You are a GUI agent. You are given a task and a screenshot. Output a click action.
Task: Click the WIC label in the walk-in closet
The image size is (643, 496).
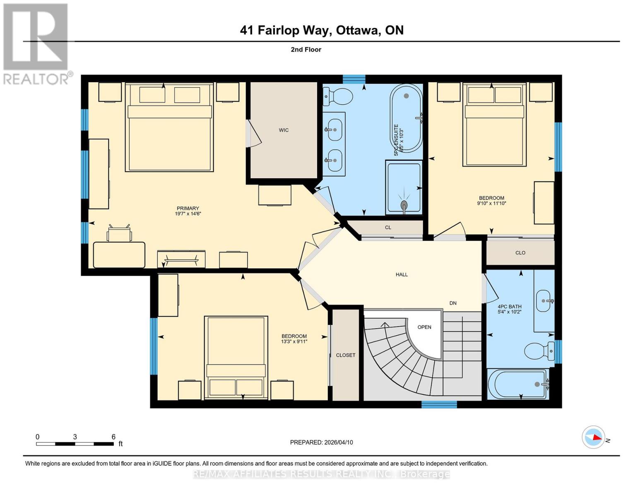tap(284, 130)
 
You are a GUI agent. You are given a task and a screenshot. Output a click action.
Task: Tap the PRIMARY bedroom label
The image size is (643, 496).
tap(188, 208)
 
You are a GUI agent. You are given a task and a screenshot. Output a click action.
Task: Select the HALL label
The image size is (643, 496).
tap(402, 274)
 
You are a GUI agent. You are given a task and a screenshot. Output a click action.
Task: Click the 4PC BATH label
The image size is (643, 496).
tap(509, 307)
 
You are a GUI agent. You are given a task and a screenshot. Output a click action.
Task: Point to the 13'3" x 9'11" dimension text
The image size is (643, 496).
tap(294, 341)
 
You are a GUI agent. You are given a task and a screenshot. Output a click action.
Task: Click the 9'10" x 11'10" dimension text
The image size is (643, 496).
tap(491, 203)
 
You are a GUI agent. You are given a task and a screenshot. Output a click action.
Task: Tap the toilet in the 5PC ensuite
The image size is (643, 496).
tap(338, 96)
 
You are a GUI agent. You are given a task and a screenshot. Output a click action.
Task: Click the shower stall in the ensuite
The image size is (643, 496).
tap(404, 188)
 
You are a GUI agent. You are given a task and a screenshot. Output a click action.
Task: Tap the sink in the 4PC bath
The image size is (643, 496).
tap(544, 301)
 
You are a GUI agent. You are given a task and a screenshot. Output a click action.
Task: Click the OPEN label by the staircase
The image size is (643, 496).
tap(424, 327)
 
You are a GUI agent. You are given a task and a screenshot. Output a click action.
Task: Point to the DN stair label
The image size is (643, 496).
tap(453, 303)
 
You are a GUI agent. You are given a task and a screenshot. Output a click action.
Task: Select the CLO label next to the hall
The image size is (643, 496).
tap(520, 253)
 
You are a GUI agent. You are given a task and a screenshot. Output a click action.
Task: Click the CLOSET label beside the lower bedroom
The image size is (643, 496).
tap(345, 355)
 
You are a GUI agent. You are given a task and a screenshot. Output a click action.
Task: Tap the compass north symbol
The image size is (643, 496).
tap(594, 437)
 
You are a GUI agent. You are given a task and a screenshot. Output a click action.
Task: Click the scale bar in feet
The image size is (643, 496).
tap(75, 444)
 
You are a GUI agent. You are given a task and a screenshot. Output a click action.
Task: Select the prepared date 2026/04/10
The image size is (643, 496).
tap(321, 442)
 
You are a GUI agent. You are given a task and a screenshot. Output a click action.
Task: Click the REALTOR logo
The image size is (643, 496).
tap(36, 43)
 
